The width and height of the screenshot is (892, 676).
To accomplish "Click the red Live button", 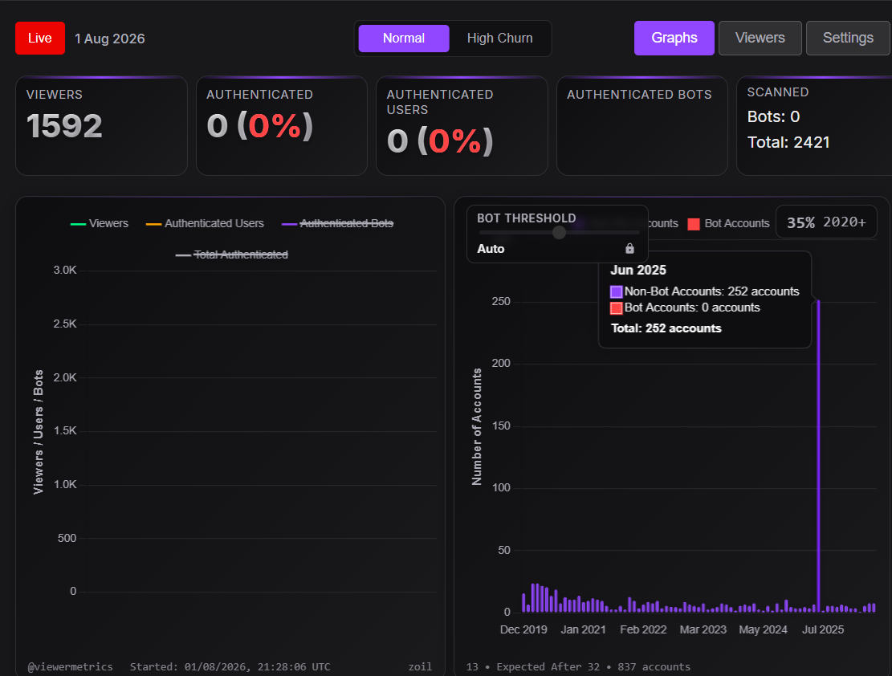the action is click(40, 38).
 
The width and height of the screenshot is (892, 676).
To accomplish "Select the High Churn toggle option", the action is click(499, 38).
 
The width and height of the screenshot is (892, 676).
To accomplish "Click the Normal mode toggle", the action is click(404, 38).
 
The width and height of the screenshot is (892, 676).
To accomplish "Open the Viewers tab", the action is click(760, 38).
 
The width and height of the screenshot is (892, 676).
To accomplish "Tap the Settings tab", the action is click(848, 38).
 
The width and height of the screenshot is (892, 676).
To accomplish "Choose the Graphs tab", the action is click(674, 38).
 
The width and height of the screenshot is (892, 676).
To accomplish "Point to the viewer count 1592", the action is click(64, 126).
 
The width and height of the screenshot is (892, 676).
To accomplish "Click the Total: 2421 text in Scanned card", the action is click(788, 142).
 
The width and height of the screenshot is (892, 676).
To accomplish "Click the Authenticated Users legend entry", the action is click(205, 224).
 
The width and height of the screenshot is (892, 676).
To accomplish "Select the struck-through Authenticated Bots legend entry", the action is click(338, 224).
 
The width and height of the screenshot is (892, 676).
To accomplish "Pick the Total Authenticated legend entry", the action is click(231, 255).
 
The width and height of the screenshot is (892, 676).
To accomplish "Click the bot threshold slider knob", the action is click(560, 232).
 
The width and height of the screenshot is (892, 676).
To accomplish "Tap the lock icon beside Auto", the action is click(629, 248).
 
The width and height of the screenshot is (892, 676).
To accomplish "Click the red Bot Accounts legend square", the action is click(694, 224).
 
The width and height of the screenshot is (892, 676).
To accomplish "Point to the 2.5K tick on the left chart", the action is click(65, 324).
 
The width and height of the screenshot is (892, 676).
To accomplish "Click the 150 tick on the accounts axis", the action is click(501, 426).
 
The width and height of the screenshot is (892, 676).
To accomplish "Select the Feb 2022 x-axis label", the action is click(643, 630).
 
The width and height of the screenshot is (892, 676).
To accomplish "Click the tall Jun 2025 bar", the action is click(819, 456).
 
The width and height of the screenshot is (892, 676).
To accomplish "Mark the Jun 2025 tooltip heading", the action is click(638, 271).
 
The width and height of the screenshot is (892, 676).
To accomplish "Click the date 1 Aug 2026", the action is click(110, 39).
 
